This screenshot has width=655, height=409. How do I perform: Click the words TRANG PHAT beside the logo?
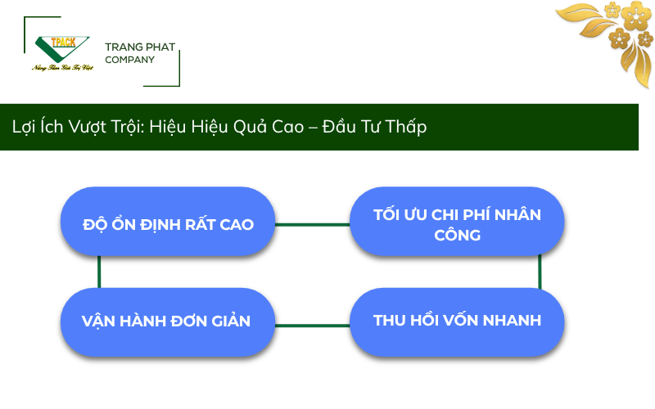(140, 47)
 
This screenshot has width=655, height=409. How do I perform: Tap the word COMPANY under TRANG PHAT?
(129, 60)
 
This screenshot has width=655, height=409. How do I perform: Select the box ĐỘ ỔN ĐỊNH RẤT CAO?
(168, 224)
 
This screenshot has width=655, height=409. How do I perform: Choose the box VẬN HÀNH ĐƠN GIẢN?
(168, 320)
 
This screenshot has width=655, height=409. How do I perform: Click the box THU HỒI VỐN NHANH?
(457, 320)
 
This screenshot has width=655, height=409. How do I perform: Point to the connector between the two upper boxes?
(312, 224)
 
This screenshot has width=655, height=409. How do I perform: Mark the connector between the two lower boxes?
(312, 325)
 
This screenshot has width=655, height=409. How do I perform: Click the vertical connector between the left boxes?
(99, 271)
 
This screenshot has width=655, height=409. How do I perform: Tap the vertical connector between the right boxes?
(540, 271)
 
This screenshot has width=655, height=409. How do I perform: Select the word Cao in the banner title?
(291, 128)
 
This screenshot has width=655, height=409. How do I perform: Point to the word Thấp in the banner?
(406, 128)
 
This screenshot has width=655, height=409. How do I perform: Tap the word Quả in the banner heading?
(252, 128)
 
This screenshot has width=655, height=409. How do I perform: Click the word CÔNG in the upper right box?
(457, 235)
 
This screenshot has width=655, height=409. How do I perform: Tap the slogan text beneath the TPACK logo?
(61, 67)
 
